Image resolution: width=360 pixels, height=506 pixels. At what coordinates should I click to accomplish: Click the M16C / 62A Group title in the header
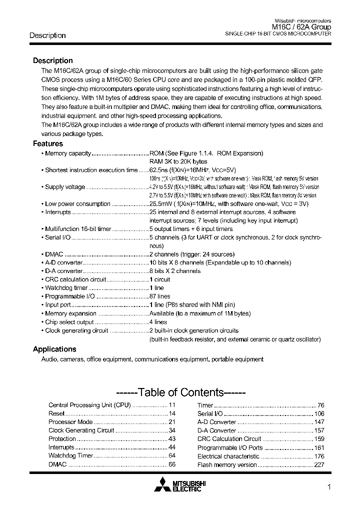[301, 27]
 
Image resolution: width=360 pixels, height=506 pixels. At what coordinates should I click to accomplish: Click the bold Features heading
[48, 143]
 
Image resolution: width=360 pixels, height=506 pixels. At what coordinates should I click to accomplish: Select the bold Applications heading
[54, 349]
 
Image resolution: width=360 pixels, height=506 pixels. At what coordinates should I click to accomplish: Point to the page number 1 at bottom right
[328, 487]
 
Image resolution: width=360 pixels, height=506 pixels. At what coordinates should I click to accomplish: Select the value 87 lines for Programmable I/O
[160, 296]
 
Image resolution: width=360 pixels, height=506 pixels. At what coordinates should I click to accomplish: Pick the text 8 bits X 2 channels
[175, 271]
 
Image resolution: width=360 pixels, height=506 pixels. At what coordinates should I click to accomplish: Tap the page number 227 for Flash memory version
[319, 464]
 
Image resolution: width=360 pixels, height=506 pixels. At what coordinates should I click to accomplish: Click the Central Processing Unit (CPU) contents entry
[89, 405]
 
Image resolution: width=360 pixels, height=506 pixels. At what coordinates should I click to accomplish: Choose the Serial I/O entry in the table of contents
[210, 413]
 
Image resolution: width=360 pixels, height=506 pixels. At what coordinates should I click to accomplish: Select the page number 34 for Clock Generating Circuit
[171, 430]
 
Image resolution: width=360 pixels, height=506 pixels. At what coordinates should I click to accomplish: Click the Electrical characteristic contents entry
[228, 456]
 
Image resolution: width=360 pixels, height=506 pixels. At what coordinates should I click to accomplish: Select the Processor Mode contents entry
[70, 422]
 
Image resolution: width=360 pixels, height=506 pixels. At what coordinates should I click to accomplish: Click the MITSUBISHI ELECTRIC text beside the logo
[188, 485]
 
